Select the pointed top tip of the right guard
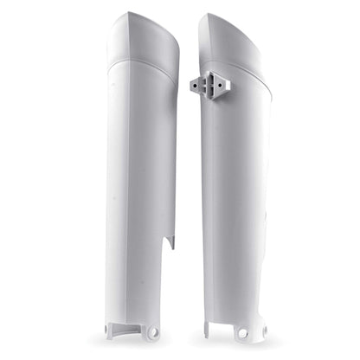[x=203, y=15]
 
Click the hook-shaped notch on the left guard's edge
[x=170, y=241]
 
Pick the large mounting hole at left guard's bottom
[x=153, y=332]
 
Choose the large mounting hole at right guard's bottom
[x=241, y=334]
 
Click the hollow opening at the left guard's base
[x=130, y=327]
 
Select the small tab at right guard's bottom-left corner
[x=208, y=330]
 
